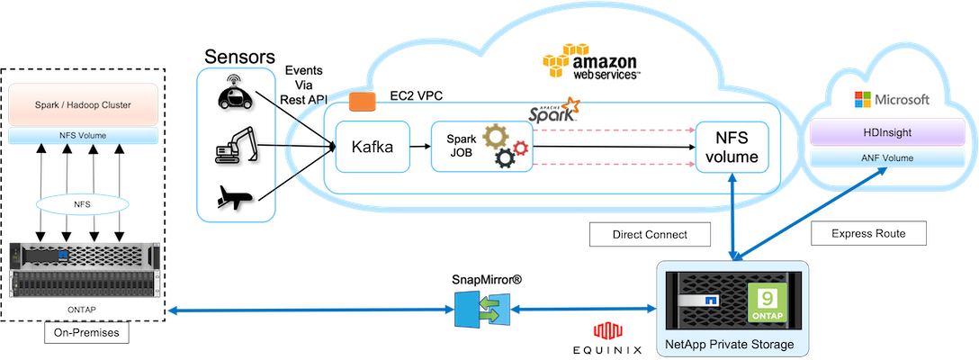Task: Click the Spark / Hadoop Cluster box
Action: [82, 104]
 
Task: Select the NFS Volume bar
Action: [82, 136]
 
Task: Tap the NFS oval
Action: [82, 204]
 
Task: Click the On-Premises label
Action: [82, 331]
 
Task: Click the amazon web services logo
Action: [591, 62]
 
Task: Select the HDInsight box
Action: [887, 132]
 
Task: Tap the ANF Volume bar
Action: [887, 158]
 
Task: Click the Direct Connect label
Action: [649, 234]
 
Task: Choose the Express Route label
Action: [870, 233]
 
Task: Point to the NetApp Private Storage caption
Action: [729, 345]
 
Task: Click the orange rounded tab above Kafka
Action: [362, 102]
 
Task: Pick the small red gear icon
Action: [518, 146]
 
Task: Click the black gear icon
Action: [505, 160]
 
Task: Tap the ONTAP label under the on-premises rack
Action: [82, 309]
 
